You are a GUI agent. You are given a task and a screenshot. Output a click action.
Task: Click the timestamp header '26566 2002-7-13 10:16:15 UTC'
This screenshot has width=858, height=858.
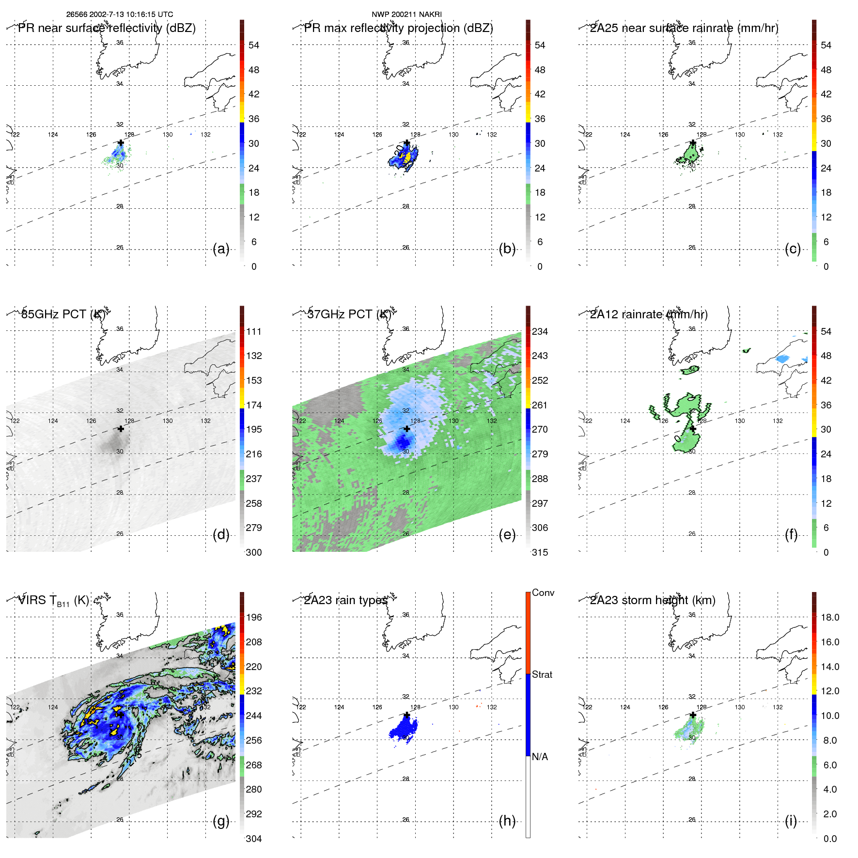click(x=120, y=15)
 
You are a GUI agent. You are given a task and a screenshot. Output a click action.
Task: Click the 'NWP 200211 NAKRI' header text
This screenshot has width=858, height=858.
click(x=406, y=15)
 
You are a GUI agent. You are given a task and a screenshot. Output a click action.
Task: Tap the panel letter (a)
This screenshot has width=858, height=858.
click(x=221, y=249)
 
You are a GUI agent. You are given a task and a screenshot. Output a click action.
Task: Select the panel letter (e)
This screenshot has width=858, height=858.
click(x=507, y=535)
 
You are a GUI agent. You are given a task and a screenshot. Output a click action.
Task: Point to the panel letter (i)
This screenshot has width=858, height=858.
click(x=791, y=821)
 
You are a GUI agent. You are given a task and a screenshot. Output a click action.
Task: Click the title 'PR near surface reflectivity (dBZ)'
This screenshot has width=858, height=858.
click(x=107, y=28)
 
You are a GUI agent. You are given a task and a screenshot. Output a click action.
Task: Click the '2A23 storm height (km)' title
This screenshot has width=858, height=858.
click(x=653, y=600)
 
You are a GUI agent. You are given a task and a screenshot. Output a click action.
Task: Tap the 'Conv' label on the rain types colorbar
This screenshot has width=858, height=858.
click(x=543, y=593)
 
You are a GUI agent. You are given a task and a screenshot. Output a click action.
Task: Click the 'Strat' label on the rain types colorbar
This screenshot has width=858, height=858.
click(x=542, y=674)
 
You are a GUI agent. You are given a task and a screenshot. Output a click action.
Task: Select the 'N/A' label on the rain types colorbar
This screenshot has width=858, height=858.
click(x=540, y=757)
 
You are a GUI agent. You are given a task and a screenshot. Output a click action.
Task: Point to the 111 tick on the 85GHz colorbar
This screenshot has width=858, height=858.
click(x=254, y=331)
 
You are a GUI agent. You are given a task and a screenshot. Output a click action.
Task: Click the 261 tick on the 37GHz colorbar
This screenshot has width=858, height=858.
click(x=540, y=405)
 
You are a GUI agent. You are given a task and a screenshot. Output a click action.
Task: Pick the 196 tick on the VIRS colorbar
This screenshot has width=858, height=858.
click(x=254, y=617)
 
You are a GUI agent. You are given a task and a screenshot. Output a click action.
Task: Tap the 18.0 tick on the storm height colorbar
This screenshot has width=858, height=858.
click(x=830, y=617)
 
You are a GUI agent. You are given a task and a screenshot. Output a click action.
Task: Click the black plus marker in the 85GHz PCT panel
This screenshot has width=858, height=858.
click(x=121, y=429)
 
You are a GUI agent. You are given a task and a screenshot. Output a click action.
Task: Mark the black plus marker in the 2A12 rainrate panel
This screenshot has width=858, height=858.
click(x=693, y=429)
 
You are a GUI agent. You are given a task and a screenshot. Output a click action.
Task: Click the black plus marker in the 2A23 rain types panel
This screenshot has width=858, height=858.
click(x=407, y=715)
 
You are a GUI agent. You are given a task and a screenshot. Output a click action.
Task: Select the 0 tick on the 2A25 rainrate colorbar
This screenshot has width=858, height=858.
click(x=826, y=266)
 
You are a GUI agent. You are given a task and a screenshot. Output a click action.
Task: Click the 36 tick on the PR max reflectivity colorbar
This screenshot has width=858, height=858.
click(x=540, y=119)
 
